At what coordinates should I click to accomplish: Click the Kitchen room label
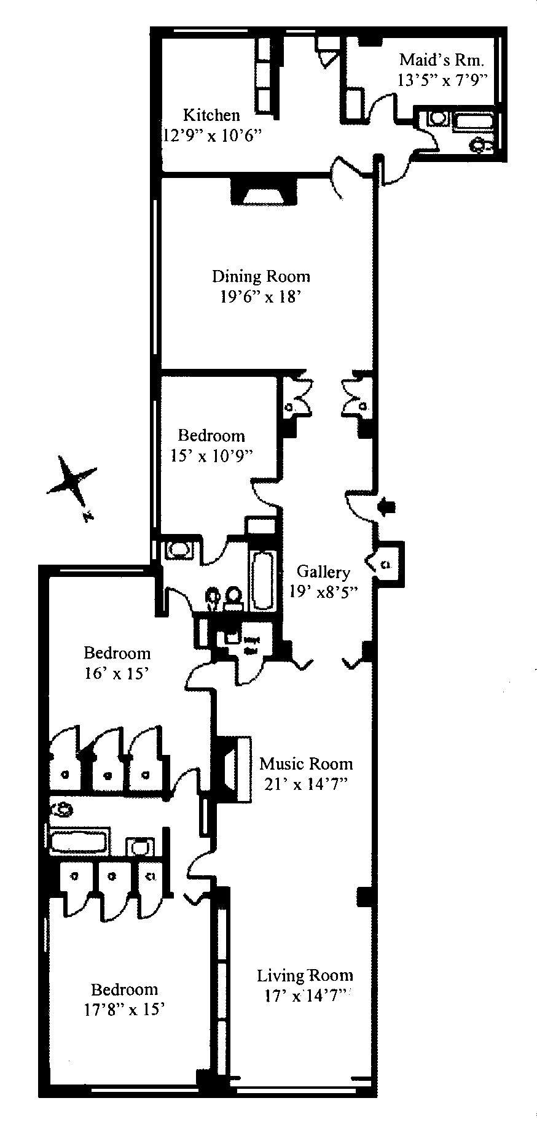[211, 115]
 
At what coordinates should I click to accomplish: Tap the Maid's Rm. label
[441, 60]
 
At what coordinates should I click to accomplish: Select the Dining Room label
[261, 276]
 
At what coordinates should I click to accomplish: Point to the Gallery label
[323, 572]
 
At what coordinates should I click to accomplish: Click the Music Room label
[306, 764]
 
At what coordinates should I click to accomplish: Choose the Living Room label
[305, 975]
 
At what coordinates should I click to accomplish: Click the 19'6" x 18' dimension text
[261, 297]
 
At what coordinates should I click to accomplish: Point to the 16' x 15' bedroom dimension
[117, 673]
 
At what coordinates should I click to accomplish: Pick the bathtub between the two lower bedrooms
[80, 840]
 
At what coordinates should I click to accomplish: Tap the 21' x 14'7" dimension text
[305, 784]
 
